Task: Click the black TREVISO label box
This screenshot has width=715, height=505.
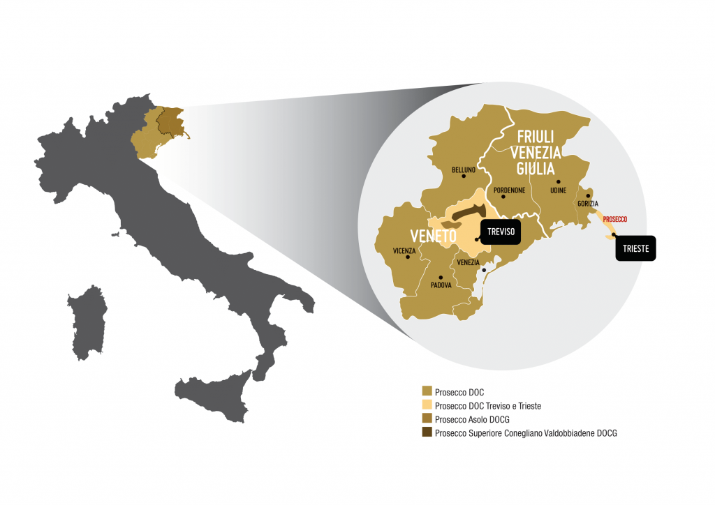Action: pos(501,232)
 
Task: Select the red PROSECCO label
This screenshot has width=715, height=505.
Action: pos(614,219)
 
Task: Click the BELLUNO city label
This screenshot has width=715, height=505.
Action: pos(464,169)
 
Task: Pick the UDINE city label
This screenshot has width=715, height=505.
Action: pos(558,190)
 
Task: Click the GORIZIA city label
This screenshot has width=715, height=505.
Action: pos(588,204)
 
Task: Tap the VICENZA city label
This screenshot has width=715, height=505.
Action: pos(405,250)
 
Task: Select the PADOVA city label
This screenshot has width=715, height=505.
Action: pos(441,285)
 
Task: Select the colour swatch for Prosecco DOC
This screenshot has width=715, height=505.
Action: pos(427,392)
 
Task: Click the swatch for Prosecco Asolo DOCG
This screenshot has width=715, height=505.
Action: pos(427,419)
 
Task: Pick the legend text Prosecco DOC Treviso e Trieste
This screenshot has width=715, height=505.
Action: pos(488,406)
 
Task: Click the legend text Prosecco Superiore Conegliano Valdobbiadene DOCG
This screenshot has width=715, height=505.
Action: pos(526,433)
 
